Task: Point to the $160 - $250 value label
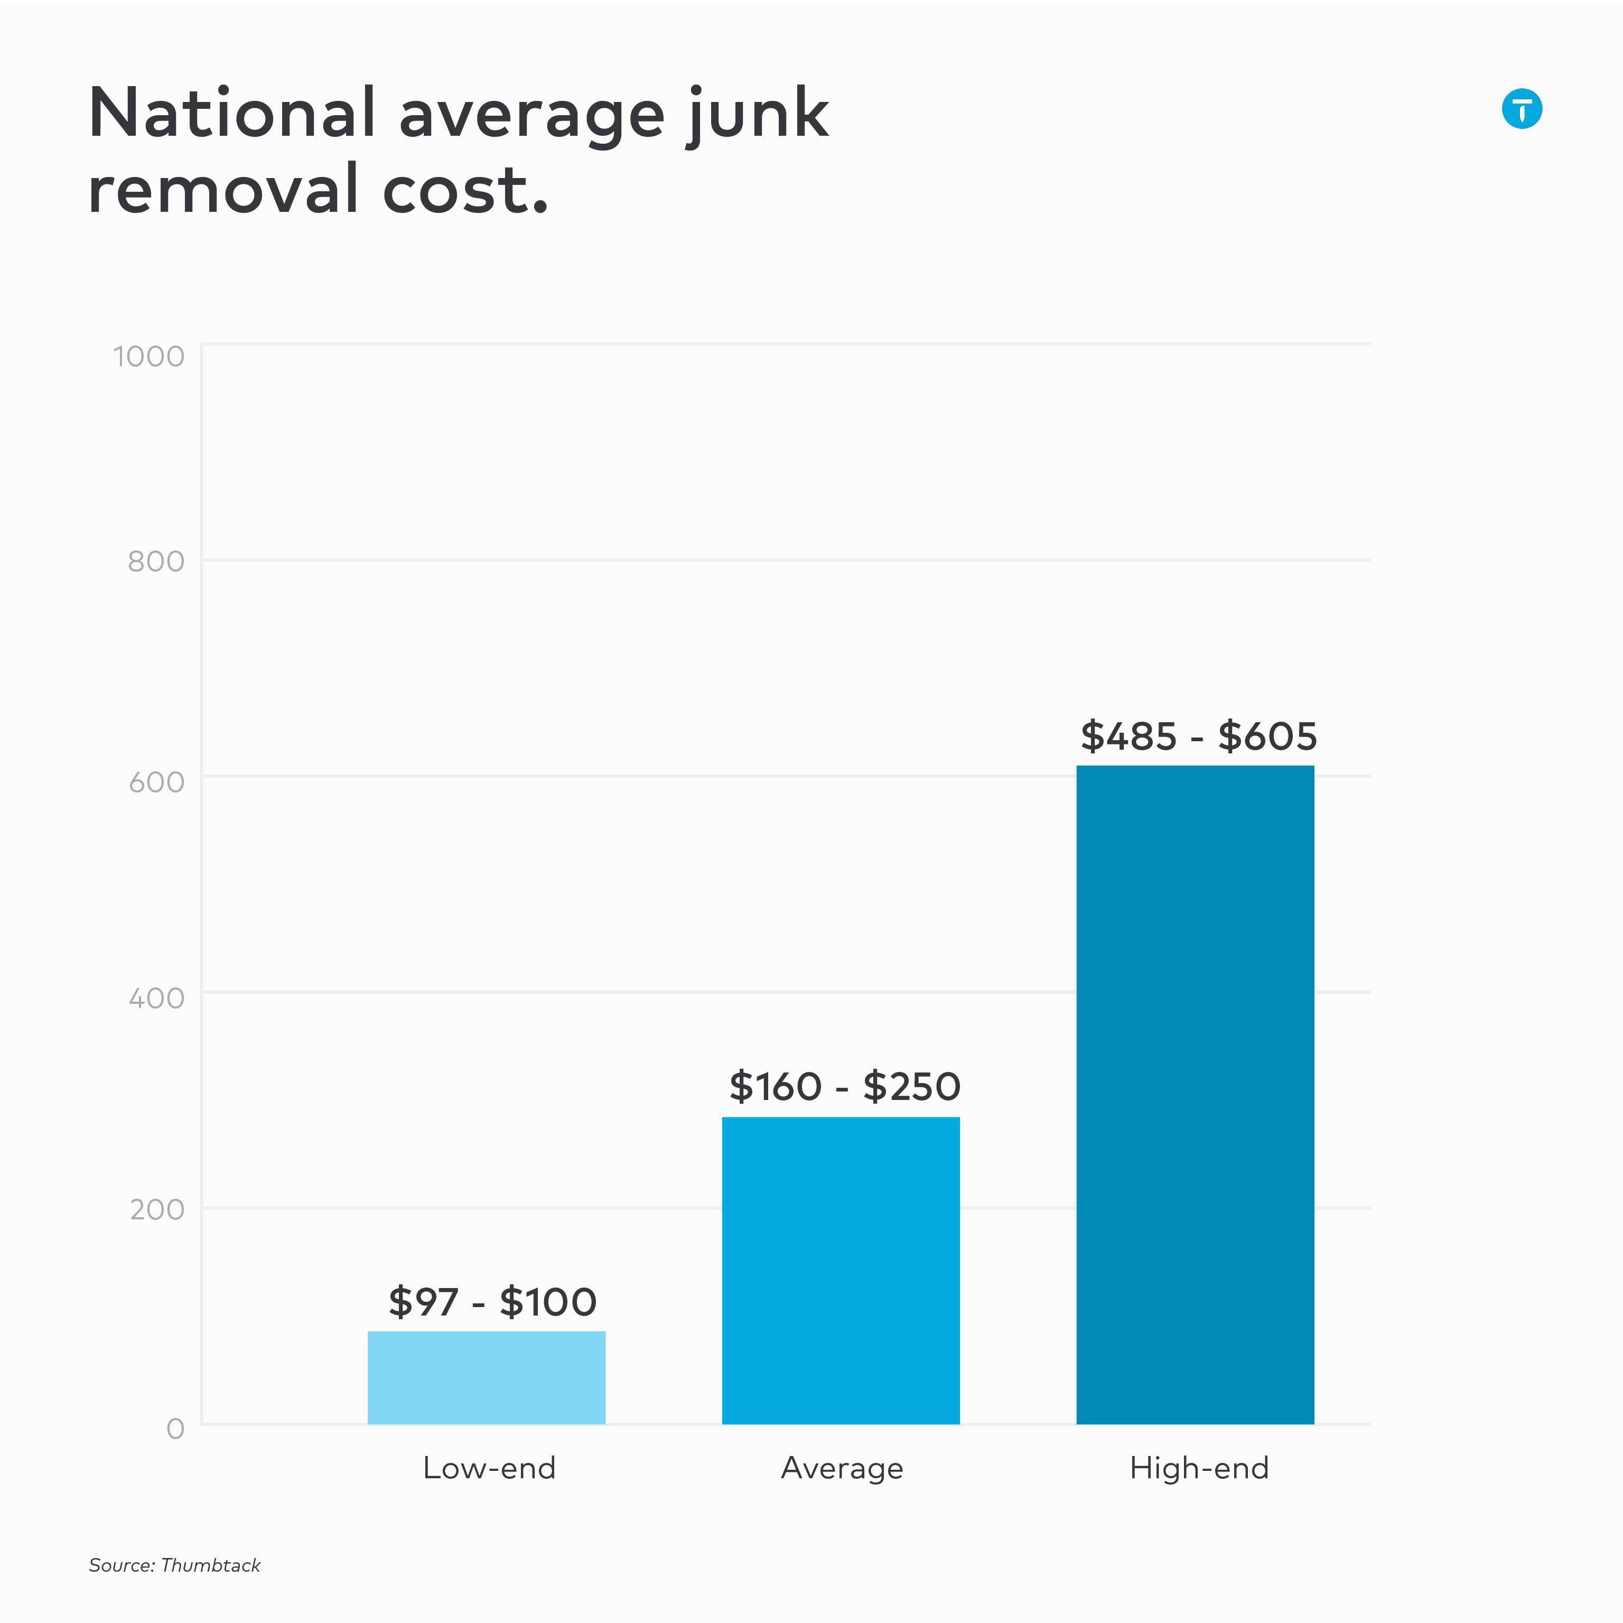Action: [844, 1086]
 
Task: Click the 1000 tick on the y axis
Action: [148, 356]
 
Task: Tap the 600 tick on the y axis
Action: [156, 782]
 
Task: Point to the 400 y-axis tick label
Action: [156, 998]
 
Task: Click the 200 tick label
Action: [157, 1210]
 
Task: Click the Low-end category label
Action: [489, 1468]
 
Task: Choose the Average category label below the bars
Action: [842, 1468]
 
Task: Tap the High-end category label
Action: [1199, 1468]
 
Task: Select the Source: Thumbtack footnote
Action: [175, 1565]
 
